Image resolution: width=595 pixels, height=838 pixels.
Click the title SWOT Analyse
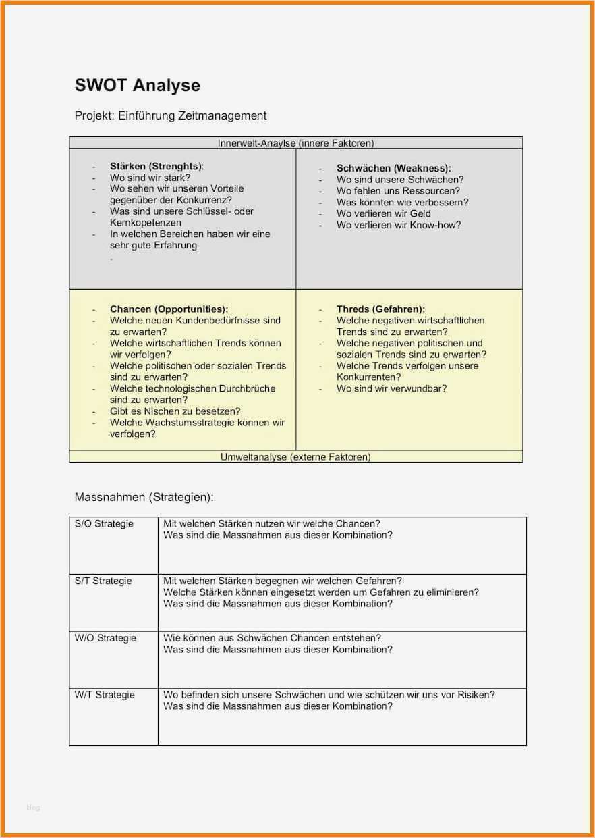click(137, 86)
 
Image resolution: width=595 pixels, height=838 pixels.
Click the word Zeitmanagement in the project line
click(222, 116)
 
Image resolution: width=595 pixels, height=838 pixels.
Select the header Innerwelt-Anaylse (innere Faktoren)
click(295, 143)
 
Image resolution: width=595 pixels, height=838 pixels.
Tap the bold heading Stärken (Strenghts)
click(156, 166)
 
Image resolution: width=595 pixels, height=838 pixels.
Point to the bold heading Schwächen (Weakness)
click(393, 168)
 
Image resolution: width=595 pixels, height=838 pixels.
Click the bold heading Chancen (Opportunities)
click(169, 309)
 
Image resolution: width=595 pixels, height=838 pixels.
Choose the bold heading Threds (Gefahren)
click(380, 309)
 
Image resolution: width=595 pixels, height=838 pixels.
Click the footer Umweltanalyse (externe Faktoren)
click(295, 457)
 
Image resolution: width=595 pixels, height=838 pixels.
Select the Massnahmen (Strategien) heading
click(144, 498)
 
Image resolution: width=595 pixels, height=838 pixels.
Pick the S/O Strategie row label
click(104, 524)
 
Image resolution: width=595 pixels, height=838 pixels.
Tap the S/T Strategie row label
click(103, 581)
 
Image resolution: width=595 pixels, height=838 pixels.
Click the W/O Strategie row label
click(105, 638)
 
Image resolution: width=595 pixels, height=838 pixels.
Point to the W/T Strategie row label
click(105, 695)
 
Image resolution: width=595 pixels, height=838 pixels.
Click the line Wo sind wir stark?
click(150, 178)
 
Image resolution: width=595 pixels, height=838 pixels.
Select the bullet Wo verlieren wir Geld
click(383, 213)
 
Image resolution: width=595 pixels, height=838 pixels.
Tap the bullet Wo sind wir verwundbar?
click(391, 388)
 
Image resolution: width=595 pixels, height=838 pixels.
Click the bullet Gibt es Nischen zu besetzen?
click(175, 411)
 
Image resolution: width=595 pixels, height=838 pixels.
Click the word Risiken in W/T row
click(476, 695)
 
